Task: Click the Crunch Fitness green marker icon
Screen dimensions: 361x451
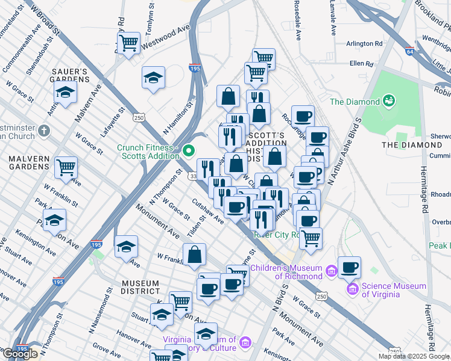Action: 189,150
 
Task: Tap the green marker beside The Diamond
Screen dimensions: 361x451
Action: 389,100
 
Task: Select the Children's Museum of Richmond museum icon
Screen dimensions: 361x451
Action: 330,272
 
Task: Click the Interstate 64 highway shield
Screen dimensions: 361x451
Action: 410,51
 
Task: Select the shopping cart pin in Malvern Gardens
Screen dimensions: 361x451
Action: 66,167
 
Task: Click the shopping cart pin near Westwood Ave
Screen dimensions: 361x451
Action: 128,43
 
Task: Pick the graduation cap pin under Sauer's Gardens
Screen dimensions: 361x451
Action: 65,92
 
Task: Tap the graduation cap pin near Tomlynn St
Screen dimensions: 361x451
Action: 153,77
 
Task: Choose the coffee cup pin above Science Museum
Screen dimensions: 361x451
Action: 349,267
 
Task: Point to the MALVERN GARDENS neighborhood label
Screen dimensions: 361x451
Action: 25,162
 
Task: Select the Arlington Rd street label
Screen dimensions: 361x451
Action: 364,43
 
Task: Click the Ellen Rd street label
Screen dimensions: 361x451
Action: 362,63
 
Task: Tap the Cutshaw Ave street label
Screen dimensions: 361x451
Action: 208,211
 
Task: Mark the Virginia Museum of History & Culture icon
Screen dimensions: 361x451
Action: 245,343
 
